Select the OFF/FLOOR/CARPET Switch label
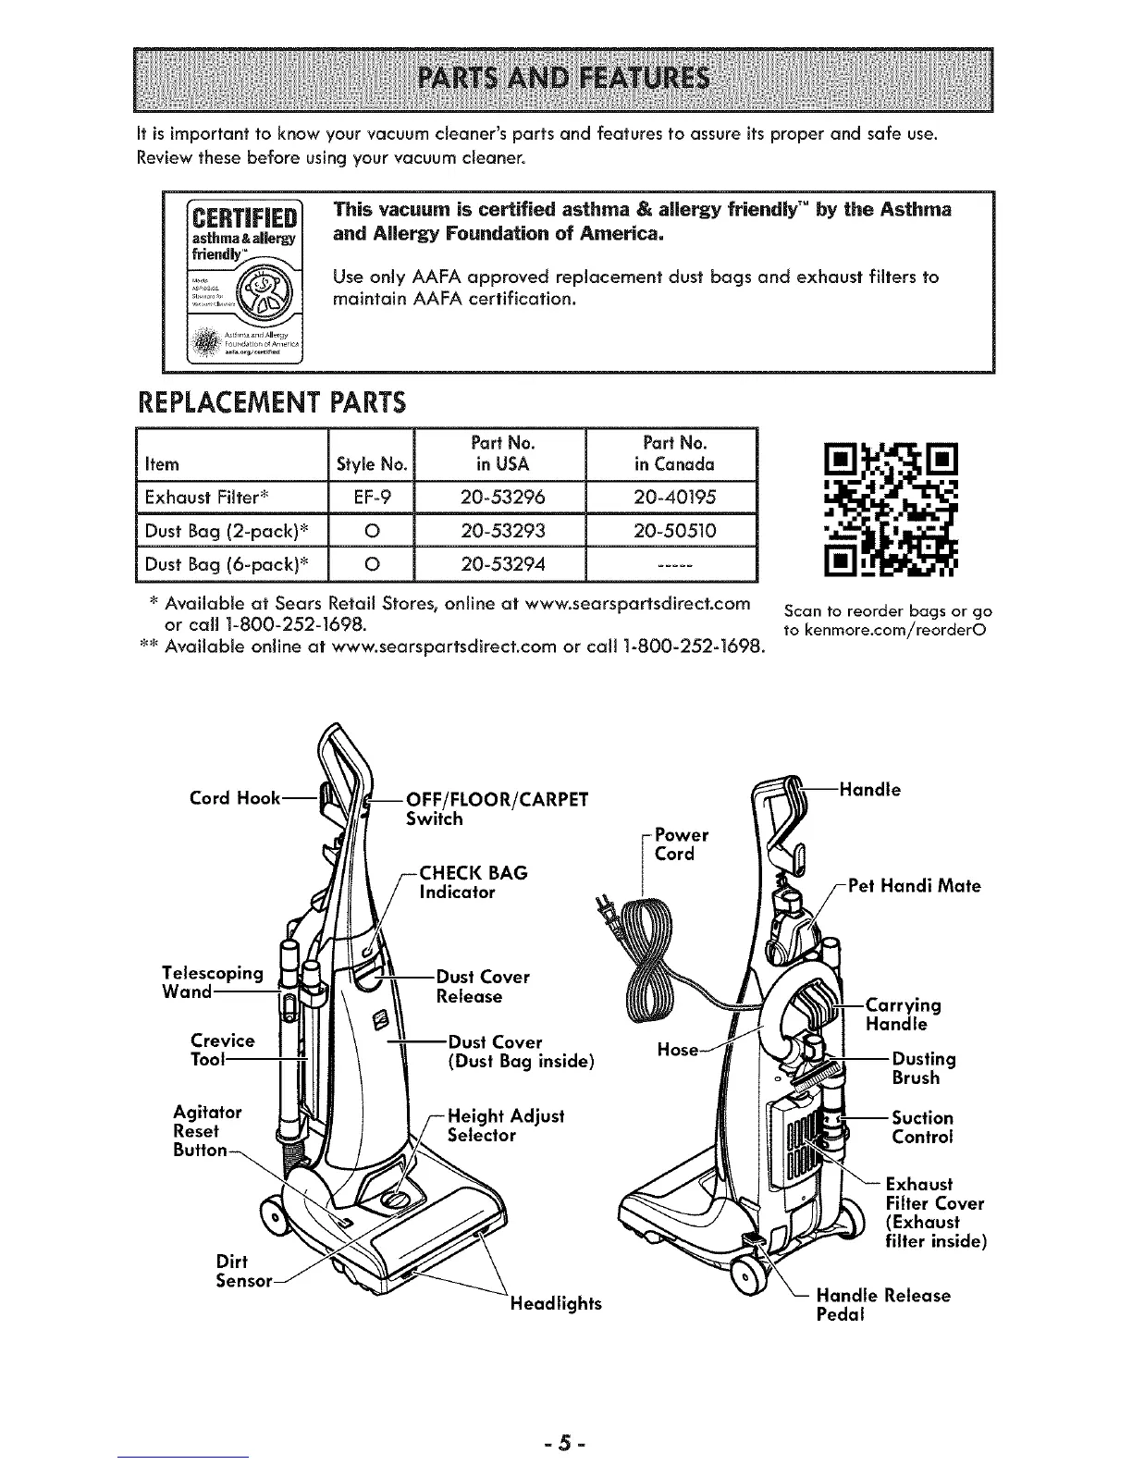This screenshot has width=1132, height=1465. (497, 808)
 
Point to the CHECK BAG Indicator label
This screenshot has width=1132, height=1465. (474, 882)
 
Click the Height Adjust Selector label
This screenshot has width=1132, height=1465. (505, 1126)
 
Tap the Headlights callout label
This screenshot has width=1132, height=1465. (555, 1303)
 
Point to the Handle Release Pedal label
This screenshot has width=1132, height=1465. (883, 1304)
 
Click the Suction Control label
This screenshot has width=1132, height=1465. (922, 1127)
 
